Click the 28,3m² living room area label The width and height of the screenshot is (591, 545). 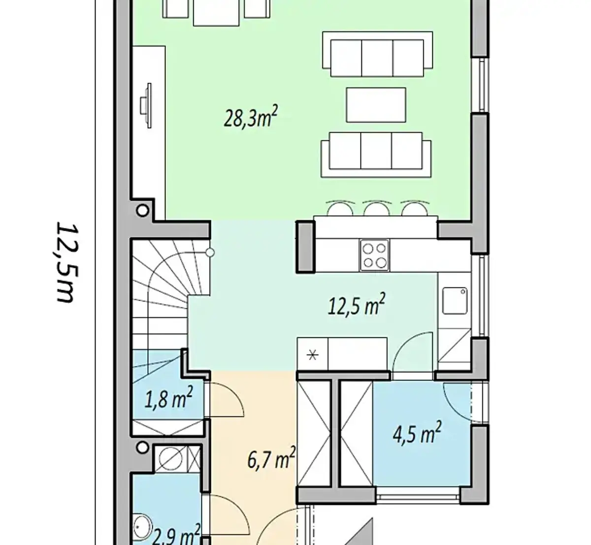(x=251, y=117)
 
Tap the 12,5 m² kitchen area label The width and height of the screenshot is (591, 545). (x=356, y=304)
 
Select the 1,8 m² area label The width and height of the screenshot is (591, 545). (x=168, y=397)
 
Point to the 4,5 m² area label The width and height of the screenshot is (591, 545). (x=417, y=433)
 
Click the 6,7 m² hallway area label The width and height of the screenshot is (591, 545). (x=271, y=458)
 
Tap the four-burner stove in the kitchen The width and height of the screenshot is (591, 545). (x=374, y=255)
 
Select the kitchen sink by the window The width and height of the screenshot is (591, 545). (x=455, y=301)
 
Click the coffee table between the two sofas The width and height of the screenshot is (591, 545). (x=376, y=105)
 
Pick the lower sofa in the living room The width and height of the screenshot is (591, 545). (x=376, y=155)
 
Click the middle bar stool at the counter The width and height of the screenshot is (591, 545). (x=376, y=208)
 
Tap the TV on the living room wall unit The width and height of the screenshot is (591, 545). (x=146, y=106)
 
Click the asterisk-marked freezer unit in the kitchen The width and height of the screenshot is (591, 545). (x=312, y=355)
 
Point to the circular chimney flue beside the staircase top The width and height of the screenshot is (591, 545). (x=142, y=211)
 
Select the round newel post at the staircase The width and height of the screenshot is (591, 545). (x=210, y=252)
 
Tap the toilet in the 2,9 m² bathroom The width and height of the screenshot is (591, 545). (x=142, y=527)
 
